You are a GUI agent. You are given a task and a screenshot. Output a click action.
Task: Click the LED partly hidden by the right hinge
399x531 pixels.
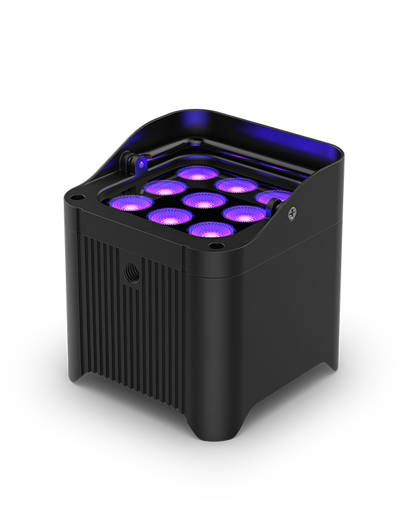pos(275,198)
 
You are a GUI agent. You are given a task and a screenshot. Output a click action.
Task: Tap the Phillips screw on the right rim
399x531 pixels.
pos(293,212)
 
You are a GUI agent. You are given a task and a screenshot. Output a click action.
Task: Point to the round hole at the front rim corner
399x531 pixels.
pos(213,247)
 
